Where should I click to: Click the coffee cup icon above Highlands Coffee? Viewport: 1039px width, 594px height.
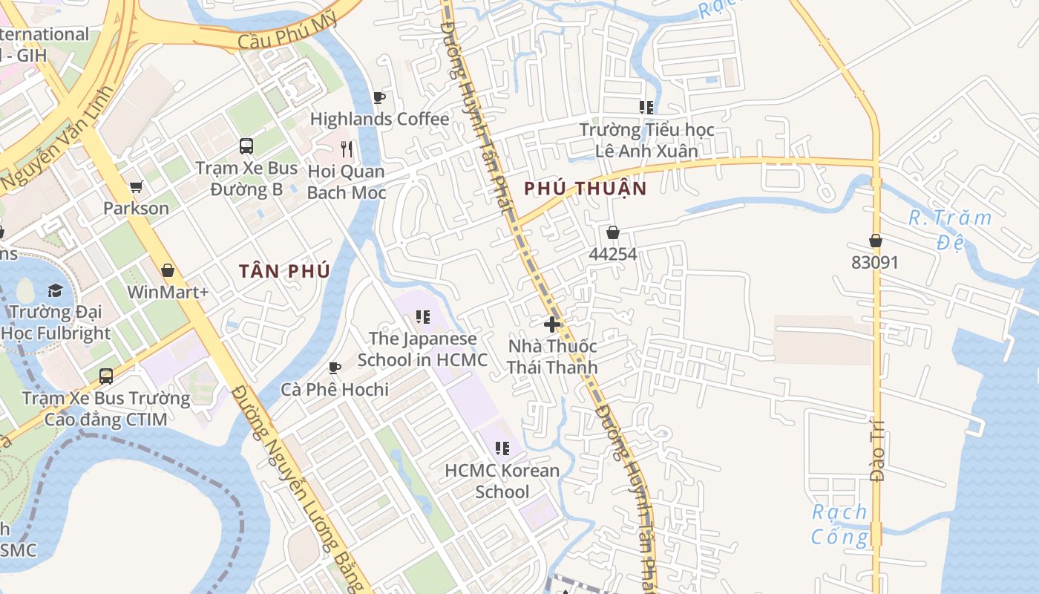(379, 97)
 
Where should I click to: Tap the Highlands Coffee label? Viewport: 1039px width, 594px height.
(379, 119)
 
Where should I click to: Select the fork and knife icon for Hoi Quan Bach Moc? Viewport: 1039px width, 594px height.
(346, 148)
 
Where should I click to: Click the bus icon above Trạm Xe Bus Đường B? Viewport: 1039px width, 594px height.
(246, 146)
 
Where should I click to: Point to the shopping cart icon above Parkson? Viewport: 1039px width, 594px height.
(136, 187)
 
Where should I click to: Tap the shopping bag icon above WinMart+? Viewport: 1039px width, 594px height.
(168, 270)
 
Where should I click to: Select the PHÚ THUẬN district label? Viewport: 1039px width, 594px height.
(586, 189)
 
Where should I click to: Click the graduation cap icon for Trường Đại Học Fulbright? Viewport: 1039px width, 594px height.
(56, 290)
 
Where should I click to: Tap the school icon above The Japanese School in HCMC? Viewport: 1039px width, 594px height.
(423, 318)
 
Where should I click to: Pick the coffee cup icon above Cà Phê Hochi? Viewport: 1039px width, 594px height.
(335, 368)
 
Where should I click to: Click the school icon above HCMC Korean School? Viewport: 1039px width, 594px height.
(502, 448)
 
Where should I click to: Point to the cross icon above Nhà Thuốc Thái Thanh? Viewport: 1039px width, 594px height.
(552, 324)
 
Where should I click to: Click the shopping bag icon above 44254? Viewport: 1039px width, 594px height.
(613, 233)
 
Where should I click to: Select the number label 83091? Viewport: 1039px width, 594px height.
(875, 262)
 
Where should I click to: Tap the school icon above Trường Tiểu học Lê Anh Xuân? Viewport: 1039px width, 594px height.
(646, 108)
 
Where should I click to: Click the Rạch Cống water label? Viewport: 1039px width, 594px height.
(839, 524)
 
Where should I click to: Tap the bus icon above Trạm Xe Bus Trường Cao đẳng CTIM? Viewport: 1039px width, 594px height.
(106, 376)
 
